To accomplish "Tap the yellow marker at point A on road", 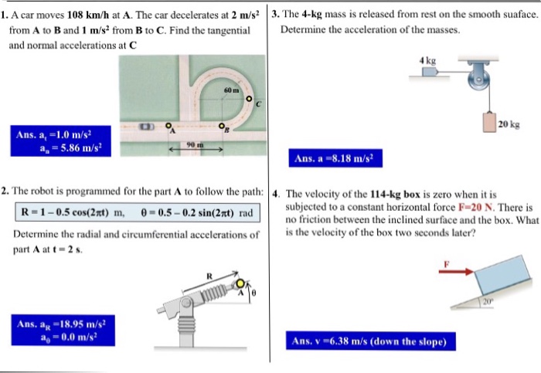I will point(168,125).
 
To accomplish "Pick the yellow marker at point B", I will point(221,126).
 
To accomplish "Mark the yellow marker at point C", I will point(249,98).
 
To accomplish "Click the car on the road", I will point(146,126).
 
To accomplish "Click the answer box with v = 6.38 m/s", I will point(370,341).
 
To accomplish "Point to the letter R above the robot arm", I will point(208,276).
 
